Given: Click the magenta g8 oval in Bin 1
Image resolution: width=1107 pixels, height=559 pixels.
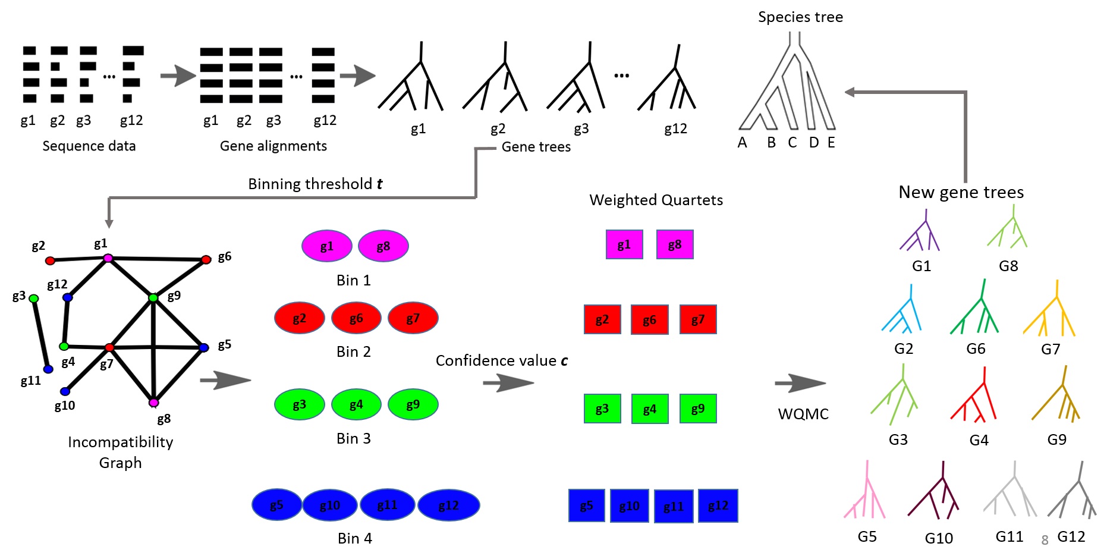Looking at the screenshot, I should [383, 246].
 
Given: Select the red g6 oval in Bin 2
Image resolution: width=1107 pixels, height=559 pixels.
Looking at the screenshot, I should [356, 318].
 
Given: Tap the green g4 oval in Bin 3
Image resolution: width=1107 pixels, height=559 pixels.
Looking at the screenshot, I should [356, 405].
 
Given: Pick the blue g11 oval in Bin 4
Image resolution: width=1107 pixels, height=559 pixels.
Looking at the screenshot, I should [387, 505].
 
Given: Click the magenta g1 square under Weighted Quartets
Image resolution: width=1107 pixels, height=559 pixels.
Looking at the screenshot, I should [624, 244].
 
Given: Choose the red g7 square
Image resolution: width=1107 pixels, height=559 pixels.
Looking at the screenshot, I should [698, 319].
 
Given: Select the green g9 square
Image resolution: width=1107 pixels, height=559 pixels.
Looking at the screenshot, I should [698, 409].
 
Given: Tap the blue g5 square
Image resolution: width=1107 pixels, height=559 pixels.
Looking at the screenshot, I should [587, 505].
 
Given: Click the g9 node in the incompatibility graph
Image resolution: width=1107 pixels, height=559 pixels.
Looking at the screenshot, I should [153, 297].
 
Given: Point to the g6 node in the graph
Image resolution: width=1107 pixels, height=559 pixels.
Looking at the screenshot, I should [206, 259].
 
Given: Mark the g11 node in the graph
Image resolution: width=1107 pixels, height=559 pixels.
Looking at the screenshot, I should [49, 369].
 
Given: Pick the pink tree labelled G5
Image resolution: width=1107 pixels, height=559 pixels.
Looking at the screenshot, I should [866, 491].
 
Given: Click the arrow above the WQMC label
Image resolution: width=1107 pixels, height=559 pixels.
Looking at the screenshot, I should [800, 384].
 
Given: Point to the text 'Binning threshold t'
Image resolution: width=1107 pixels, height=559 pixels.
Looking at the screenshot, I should [315, 184].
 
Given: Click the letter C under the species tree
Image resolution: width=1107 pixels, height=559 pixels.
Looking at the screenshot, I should [792, 143].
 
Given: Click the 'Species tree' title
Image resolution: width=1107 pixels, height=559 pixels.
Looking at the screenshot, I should [800, 17].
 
